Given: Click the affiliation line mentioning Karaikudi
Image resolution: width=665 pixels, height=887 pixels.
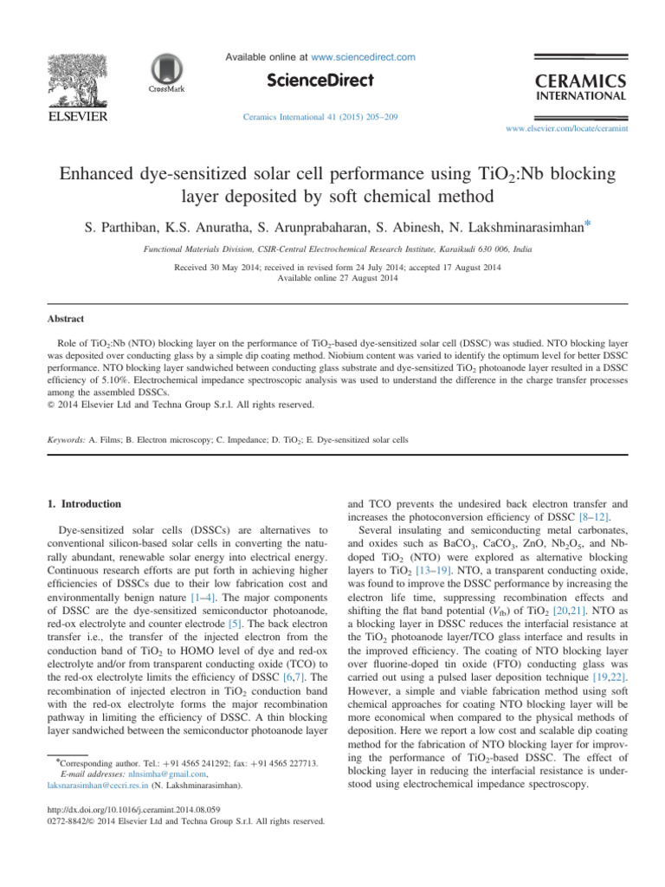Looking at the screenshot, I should pyautogui.click(x=333, y=247).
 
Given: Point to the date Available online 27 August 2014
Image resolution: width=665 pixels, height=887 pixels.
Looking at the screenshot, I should pyautogui.click(x=333, y=277).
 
